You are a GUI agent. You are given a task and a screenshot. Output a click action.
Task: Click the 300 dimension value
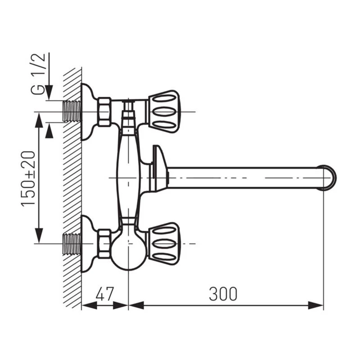pyautogui.click(x=223, y=294)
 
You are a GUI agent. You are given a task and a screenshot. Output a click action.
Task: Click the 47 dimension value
pyautogui.click(x=105, y=294)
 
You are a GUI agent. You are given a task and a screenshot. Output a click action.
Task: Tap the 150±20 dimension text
pyautogui.click(x=28, y=179)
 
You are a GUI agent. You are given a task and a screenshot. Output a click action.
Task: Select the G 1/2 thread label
pyautogui.click(x=38, y=74)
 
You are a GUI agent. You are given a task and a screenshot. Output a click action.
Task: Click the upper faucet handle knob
pyautogui.click(x=164, y=112)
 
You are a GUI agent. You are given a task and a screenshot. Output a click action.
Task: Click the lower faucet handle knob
pyautogui.click(x=164, y=243)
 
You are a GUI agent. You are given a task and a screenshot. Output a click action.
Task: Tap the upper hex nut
pyautogui.click(x=104, y=112)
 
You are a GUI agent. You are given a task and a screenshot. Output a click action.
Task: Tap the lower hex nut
pyautogui.click(x=104, y=243)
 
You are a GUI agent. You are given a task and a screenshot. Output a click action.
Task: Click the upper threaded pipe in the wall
pyautogui.click(x=72, y=112)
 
